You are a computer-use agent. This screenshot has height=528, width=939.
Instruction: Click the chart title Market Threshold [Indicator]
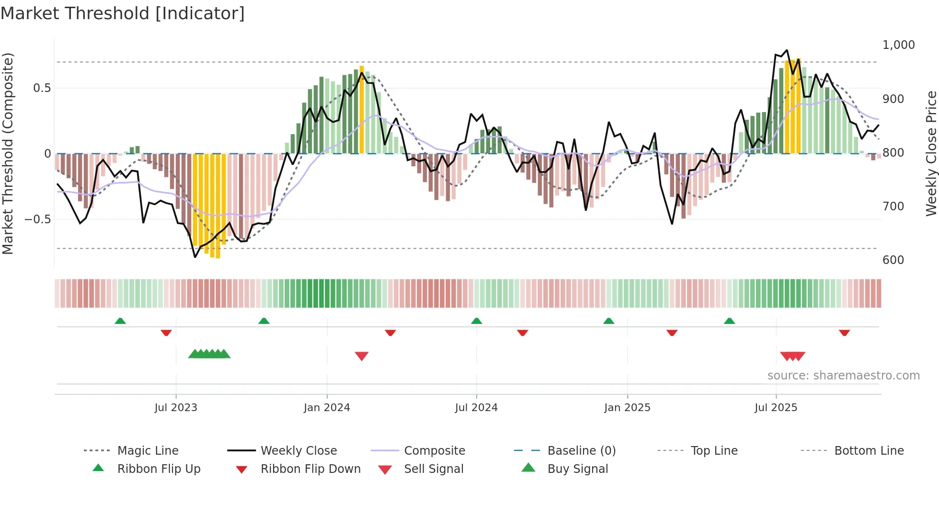[123, 13]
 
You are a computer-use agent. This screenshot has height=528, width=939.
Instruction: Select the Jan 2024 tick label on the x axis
[327, 408]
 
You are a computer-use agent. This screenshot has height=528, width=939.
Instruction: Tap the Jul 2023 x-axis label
[176, 408]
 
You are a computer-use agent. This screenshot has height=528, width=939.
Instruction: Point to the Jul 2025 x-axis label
[776, 408]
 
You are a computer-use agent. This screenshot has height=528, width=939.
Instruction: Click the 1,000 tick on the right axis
[898, 45]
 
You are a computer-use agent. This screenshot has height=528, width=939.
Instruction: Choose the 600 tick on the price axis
[893, 260]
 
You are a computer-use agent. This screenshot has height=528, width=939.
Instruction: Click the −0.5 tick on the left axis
[37, 219]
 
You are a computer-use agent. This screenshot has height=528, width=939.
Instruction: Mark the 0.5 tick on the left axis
[42, 88]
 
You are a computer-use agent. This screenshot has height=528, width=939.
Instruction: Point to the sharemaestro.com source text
[843, 376]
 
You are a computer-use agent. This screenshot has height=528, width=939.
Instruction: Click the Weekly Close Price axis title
[931, 153]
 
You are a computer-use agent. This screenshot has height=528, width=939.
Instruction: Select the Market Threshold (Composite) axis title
[8, 153]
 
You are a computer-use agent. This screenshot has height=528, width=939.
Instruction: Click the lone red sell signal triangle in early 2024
[362, 356]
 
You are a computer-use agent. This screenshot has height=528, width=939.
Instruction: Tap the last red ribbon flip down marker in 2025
[844, 333]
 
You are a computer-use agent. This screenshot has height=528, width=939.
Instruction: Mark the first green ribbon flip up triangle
[120, 321]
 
